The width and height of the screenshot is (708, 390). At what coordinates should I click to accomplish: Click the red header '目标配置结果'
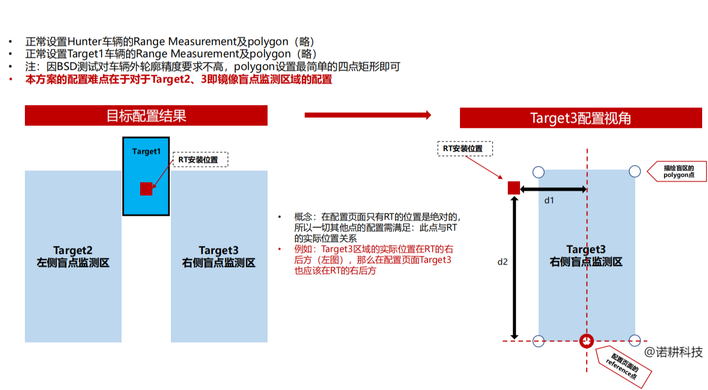[146, 116]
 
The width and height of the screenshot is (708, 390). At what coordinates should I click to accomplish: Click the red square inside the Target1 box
[146, 189]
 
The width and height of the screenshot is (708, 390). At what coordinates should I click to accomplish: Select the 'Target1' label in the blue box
[146, 151]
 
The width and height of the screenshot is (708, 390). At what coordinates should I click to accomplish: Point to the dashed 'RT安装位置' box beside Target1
[200, 160]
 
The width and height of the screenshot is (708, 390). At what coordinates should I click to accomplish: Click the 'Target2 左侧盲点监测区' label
[73, 256]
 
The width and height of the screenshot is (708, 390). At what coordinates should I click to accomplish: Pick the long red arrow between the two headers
[368, 115]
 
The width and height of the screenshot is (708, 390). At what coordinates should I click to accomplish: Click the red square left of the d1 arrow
[514, 188]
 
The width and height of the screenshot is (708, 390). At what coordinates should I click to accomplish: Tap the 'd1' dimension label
[549, 200]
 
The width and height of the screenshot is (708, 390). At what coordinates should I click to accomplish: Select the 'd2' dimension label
[502, 262]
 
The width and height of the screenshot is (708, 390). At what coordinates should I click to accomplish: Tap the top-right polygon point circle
[634, 171]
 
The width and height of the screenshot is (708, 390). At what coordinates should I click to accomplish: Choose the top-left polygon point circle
[538, 172]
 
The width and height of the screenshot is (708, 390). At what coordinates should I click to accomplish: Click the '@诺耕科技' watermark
[673, 352]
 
